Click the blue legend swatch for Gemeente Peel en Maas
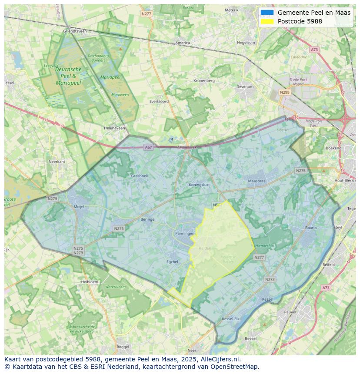coord(267,13)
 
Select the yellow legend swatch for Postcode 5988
coord(267,21)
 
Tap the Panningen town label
coord(185,234)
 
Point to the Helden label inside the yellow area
coord(205,248)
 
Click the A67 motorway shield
coord(149,147)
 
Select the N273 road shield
coord(270,279)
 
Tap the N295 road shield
coord(285,92)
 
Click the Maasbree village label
coord(257,181)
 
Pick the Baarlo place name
coord(311,228)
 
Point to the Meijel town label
coord(79,207)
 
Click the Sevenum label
coord(245,87)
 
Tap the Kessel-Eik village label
coord(230,319)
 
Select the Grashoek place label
coord(140,176)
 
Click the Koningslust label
coord(199,185)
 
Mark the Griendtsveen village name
coord(75,31)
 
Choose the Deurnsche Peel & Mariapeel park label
coord(68,76)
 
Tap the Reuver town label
coord(290,312)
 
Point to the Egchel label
coord(173,262)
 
